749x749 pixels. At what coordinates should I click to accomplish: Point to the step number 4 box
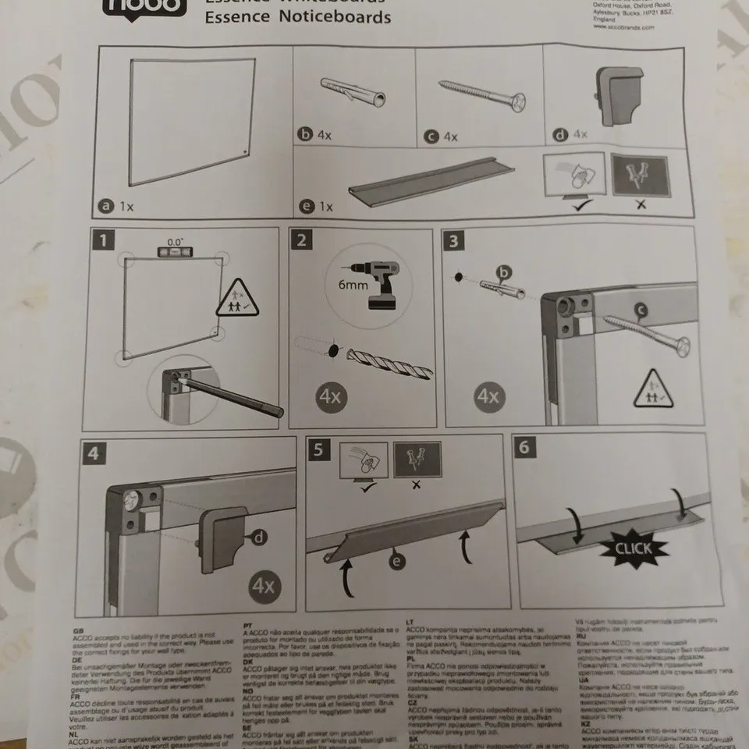pyautogui.click(x=94, y=453)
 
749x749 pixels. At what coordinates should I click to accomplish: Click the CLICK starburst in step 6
pyautogui.click(x=634, y=548)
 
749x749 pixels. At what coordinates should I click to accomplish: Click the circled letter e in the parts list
pyautogui.click(x=306, y=207)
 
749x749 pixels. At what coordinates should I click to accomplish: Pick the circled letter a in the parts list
pyautogui.click(x=103, y=206)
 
